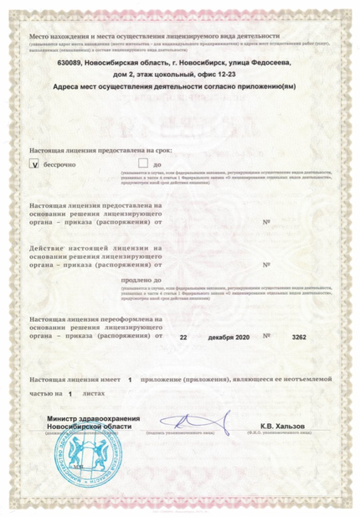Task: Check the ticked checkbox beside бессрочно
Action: click(34, 163)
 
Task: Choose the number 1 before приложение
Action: click(130, 380)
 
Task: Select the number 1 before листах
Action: click(70, 392)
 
